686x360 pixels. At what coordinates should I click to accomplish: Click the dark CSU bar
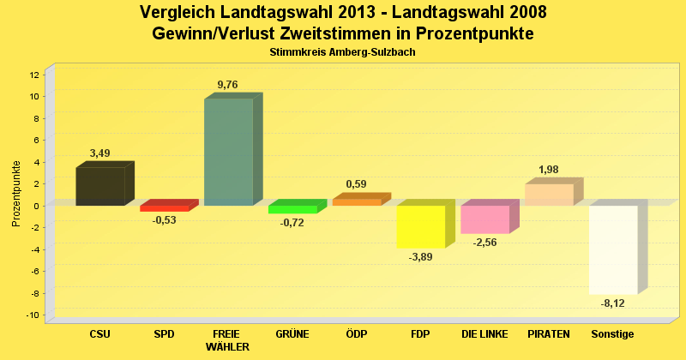tap(100, 186)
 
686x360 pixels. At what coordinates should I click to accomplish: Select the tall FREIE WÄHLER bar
tap(228, 152)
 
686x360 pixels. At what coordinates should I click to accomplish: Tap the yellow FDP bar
tap(420, 226)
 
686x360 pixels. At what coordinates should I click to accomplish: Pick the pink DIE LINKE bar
tap(484, 219)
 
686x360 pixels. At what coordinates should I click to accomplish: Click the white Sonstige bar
tap(613, 249)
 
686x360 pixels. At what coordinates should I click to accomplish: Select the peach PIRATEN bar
tap(549, 195)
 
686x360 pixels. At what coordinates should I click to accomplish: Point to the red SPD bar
tap(164, 208)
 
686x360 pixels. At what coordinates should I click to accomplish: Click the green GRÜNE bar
tap(292, 209)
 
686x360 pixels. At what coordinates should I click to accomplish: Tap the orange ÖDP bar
tap(356, 202)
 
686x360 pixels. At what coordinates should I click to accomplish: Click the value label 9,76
tap(228, 84)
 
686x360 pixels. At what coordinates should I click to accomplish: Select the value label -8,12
tap(612, 303)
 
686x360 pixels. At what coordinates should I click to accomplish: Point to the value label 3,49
tap(100, 153)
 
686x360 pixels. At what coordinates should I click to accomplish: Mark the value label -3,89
tap(420, 257)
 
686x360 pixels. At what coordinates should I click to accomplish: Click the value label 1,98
tap(549, 169)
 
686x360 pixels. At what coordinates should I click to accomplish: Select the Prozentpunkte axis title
tap(15, 194)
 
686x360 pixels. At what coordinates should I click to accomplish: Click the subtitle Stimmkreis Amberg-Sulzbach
tap(342, 52)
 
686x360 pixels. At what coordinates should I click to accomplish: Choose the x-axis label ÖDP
tap(356, 334)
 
